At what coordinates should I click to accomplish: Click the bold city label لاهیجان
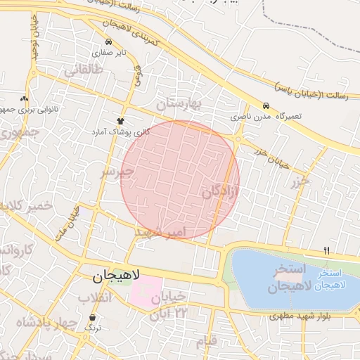click(117, 276)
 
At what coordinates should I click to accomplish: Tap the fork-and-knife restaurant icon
click(326, 250)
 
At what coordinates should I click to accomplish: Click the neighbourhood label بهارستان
click(179, 105)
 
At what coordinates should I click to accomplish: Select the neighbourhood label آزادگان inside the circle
click(220, 192)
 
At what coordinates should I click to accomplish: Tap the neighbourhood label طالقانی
click(84, 70)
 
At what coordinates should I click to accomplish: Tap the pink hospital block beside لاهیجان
click(144, 289)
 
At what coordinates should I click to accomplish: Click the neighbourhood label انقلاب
click(95, 299)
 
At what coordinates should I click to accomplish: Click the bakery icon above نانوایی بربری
click(25, 98)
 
